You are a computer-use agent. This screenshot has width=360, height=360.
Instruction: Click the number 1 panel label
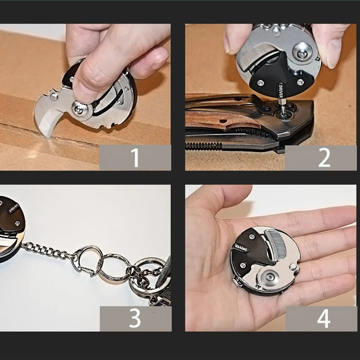[135, 157]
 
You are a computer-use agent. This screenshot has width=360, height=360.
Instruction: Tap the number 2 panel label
[324, 157]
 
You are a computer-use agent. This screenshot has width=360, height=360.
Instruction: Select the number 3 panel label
[135, 319]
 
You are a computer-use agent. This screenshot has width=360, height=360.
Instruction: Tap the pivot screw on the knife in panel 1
[81, 108]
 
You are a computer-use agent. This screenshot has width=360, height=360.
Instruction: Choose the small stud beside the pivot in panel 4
[295, 268]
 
